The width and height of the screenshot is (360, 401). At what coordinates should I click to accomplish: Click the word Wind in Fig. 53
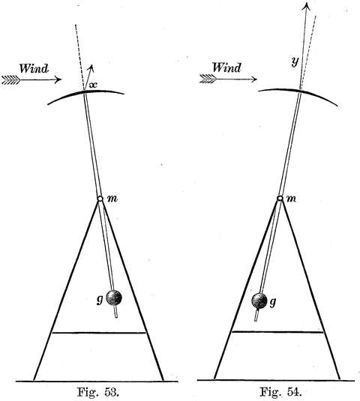[34, 68]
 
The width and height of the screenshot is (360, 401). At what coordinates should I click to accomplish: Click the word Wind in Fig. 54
[226, 67]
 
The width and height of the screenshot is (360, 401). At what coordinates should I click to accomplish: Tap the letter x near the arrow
[93, 85]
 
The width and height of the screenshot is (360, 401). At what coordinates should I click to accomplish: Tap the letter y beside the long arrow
[295, 62]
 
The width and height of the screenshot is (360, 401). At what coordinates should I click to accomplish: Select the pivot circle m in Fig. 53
[100, 199]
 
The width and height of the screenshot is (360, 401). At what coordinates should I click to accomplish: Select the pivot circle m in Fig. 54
[280, 199]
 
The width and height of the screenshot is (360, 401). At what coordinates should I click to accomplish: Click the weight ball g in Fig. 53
[114, 298]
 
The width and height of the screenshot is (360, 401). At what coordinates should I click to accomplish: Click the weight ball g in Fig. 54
[259, 301]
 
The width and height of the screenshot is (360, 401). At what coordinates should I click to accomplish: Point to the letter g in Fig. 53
[100, 300]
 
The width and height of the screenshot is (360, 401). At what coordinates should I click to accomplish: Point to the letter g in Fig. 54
[273, 303]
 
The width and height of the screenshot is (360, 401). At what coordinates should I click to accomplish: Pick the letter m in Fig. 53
[112, 199]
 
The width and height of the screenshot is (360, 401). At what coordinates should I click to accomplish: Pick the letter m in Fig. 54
[291, 199]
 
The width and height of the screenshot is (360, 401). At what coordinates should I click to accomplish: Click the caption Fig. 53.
[97, 392]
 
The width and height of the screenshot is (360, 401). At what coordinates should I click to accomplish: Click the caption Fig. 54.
[280, 391]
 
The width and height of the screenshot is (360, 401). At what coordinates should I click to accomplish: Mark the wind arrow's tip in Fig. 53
[61, 79]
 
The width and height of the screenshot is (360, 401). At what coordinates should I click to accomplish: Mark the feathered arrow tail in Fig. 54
[208, 79]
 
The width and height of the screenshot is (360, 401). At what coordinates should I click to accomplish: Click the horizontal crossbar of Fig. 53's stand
[99, 333]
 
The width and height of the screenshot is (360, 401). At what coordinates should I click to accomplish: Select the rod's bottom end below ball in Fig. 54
[256, 320]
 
